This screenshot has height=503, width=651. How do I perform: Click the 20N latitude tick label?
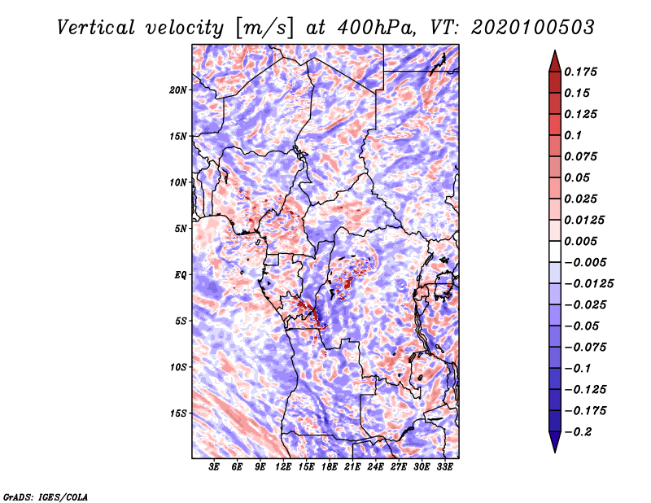(178, 90)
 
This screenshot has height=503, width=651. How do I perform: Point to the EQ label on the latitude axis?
(181, 275)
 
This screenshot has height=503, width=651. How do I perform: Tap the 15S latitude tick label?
(178, 413)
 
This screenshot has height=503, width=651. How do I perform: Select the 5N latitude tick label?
(181, 229)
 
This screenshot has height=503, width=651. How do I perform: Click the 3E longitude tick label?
(214, 466)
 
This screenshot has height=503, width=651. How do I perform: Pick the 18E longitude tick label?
(329, 466)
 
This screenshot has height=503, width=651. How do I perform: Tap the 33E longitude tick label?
(444, 466)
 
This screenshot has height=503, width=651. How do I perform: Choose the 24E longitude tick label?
(375, 466)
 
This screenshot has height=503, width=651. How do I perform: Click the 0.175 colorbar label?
(580, 72)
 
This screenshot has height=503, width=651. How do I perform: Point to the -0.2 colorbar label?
(578, 432)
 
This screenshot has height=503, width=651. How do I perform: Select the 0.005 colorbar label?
(580, 241)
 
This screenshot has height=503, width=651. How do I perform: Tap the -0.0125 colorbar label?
(588, 284)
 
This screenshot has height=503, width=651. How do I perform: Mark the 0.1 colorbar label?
(573, 135)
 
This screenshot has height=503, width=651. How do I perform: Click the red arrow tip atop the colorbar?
(555, 50)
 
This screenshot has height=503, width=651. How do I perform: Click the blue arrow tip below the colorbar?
(555, 452)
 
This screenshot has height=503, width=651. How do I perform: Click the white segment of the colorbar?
(555, 251)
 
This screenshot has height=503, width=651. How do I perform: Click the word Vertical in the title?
(95, 28)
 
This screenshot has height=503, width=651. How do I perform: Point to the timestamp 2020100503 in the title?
(533, 28)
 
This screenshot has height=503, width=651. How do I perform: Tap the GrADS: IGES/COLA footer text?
(46, 496)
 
